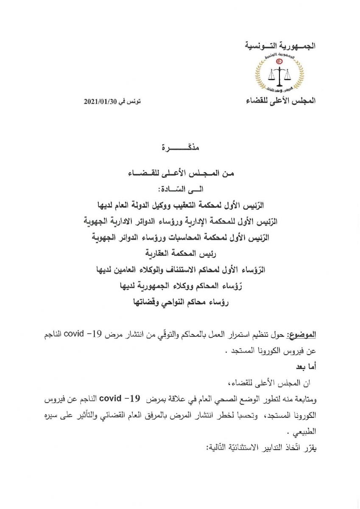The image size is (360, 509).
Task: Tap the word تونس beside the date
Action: coord(135,102)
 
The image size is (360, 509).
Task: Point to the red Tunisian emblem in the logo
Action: coord(280,61)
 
